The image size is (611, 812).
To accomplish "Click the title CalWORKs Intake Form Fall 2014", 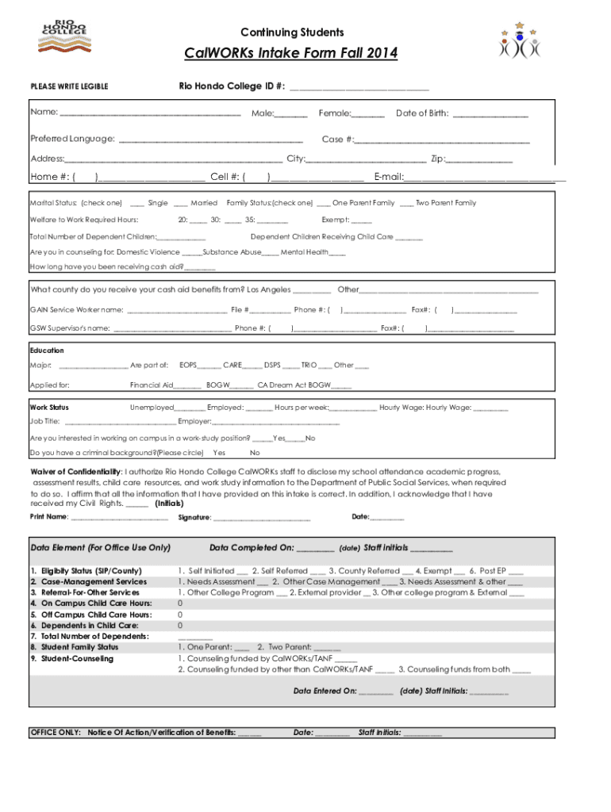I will coord(291,54).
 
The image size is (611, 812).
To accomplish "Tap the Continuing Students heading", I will coord(293,33).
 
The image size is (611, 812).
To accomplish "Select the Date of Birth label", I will coord(422,113).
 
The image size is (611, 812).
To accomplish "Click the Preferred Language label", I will coord(72,140).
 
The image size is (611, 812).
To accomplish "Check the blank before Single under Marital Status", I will coord(136,204).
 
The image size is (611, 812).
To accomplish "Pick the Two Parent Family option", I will coord(445,204).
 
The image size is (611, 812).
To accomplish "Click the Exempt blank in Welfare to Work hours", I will coord(360,220).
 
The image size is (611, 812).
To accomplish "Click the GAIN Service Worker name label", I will coord(76,310).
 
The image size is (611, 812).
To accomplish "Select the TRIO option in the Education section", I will coord(309,366).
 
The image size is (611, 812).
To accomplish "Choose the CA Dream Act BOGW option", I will coord(293,385).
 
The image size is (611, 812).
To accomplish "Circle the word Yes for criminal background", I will coord(220,453).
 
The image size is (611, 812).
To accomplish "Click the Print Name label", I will coord(48,518).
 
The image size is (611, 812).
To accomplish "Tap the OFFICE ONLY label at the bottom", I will coord(55,733).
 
